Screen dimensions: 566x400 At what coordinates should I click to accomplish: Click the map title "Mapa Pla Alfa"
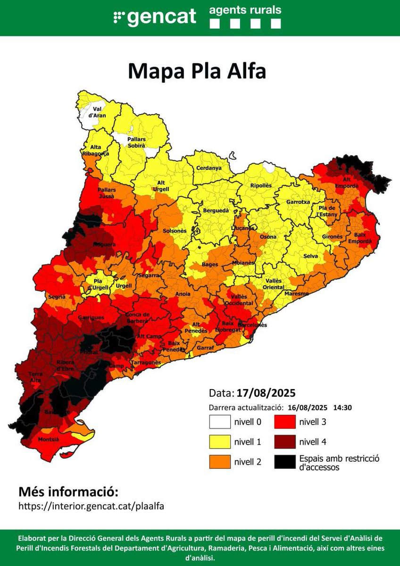(x=197, y=71)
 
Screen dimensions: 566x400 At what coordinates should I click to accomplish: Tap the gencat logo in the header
(x=155, y=17)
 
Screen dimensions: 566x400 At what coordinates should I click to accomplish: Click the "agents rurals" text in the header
(x=245, y=10)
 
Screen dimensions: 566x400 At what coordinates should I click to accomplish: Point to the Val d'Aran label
(x=97, y=112)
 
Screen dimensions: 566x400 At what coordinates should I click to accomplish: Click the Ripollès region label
(x=261, y=185)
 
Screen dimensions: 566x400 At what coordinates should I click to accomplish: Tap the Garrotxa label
(x=298, y=201)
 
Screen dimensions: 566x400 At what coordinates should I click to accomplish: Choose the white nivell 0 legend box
(x=220, y=422)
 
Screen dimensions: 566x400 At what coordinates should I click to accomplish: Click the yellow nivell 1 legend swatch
(x=220, y=442)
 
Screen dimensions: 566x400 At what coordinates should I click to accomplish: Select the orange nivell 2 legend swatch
(x=220, y=462)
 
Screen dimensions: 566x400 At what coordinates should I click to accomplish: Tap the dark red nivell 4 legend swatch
(x=284, y=442)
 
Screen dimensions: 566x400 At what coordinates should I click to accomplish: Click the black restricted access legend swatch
(x=284, y=462)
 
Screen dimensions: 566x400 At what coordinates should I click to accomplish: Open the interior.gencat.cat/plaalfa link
(x=91, y=506)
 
